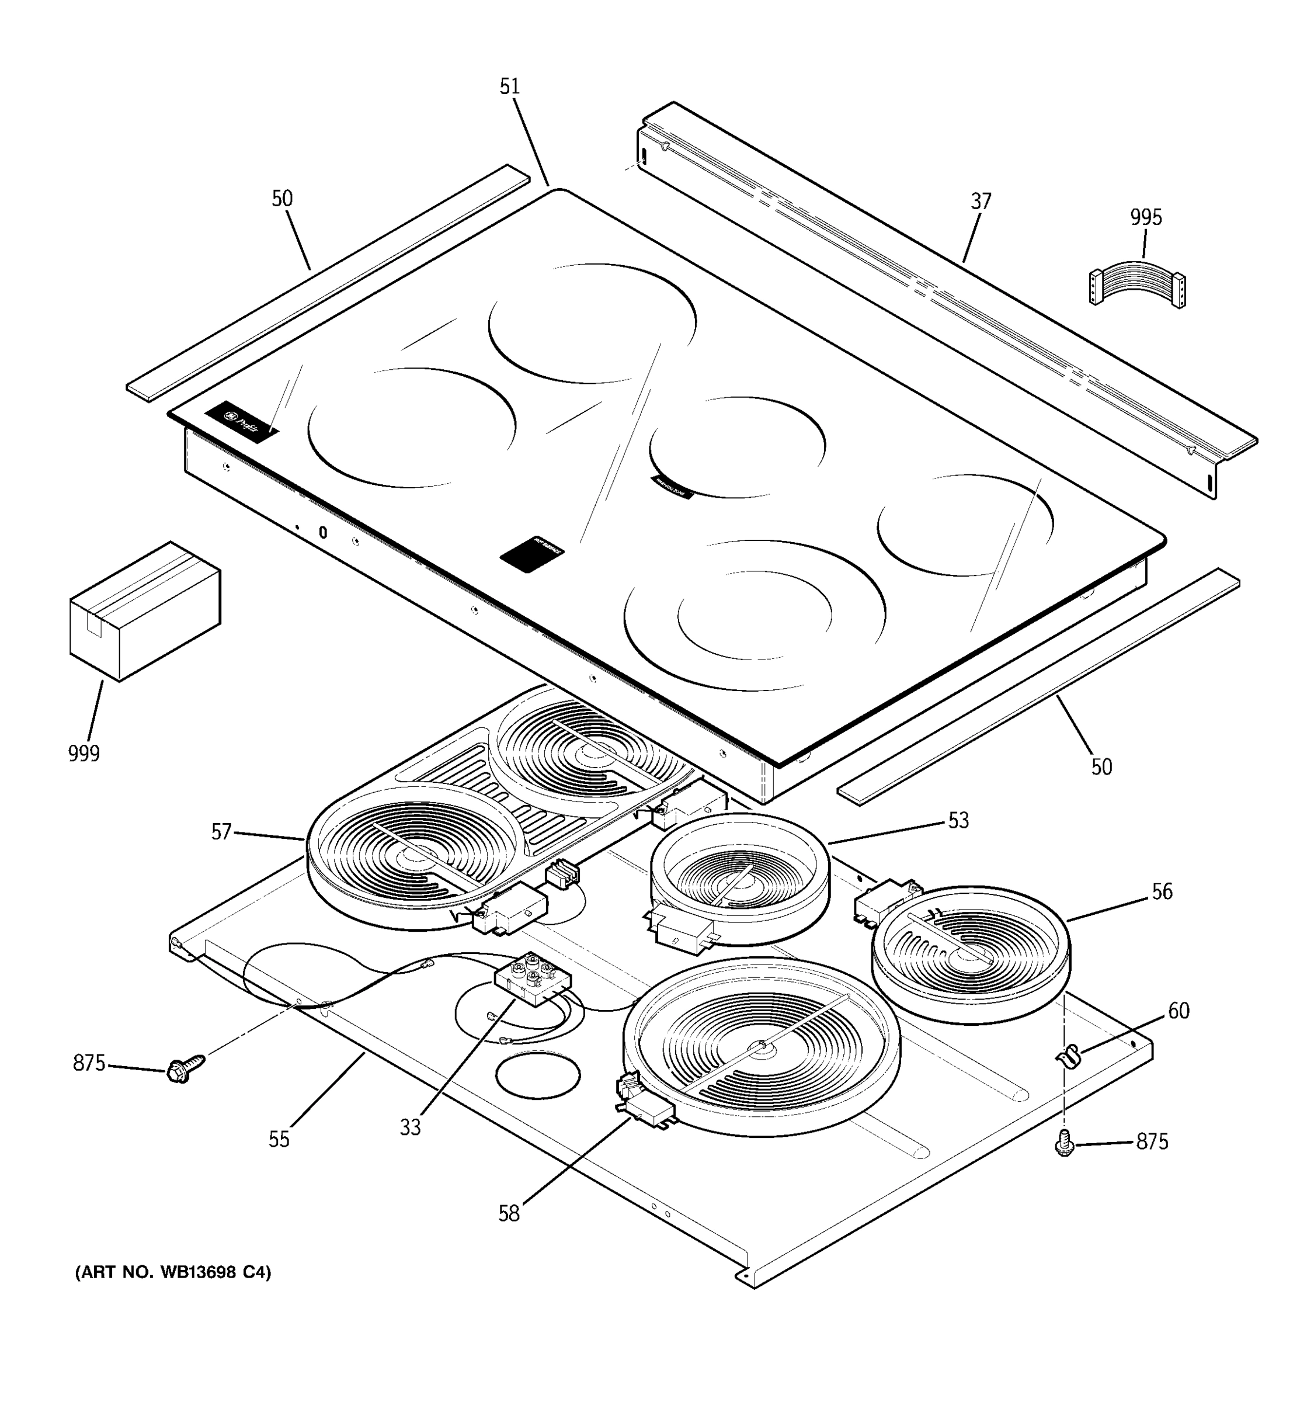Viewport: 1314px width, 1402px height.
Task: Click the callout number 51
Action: coord(509,86)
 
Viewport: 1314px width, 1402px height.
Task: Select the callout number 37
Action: coord(981,202)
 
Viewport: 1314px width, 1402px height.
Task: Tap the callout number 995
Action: coord(1146,217)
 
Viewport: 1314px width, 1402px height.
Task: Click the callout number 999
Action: coord(84,753)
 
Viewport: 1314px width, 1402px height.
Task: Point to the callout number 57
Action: coord(221,832)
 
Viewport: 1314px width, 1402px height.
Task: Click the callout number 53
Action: coord(958,820)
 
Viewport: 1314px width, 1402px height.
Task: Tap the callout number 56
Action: coord(1161,891)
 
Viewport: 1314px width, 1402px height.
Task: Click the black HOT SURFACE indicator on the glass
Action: coord(532,552)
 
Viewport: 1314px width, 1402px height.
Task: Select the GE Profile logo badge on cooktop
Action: coord(242,422)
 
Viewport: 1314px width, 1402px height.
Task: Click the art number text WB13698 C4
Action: coord(173,1272)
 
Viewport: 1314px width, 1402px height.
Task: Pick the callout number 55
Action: coord(279,1140)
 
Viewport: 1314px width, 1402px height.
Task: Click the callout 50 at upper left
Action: coord(282,199)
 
